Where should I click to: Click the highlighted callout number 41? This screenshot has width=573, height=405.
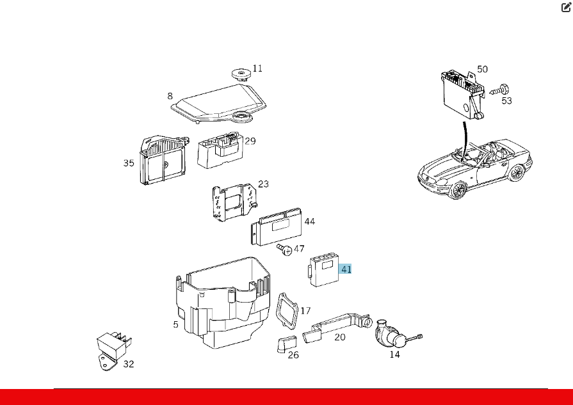(346, 269)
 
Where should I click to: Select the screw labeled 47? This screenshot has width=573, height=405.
(285, 250)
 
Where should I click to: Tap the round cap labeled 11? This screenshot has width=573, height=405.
(241, 74)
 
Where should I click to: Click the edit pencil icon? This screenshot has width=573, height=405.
(566, 7)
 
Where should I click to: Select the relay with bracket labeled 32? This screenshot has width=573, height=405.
(113, 351)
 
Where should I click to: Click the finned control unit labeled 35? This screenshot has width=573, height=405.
(163, 161)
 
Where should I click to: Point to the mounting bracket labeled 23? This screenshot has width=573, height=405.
(234, 202)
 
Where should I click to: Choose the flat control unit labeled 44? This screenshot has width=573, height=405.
(277, 227)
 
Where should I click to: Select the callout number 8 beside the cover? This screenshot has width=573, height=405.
(170, 96)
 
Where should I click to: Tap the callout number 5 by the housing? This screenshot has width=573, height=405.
(176, 324)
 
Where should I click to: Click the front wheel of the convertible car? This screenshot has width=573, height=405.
(458, 190)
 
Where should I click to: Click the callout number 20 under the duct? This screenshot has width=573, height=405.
(340, 337)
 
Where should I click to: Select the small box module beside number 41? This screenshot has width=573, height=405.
(324, 271)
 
